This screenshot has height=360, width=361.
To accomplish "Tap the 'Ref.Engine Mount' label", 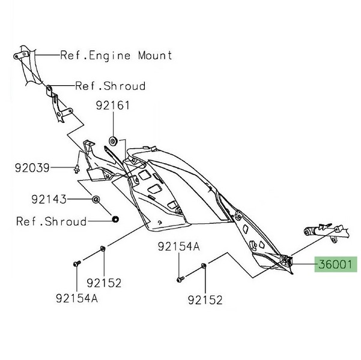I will tap(116, 55).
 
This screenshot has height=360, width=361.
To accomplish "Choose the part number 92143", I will tap(49, 198).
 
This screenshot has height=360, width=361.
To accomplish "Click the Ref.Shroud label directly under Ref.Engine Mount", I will tap(110, 86).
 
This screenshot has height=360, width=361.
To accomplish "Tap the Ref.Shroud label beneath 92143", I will tap(51, 221).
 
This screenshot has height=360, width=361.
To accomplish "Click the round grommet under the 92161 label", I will tap(112, 141).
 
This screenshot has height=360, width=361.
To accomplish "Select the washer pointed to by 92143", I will tap(95, 199).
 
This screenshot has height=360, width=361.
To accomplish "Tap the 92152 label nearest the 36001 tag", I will tap(204, 299).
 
